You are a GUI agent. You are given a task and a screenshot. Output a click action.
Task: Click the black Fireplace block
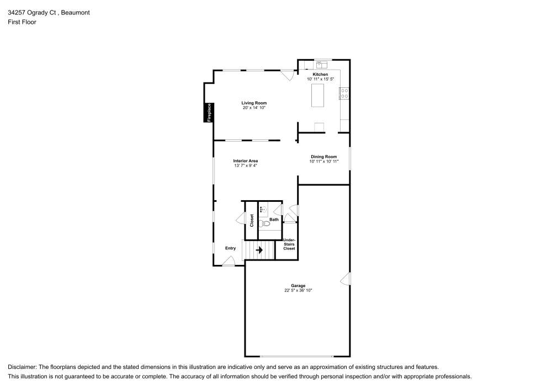[x=209, y=113]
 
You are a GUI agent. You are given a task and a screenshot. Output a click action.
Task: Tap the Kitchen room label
[x=320, y=74]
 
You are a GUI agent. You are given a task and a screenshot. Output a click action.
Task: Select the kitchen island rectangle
[x=318, y=95]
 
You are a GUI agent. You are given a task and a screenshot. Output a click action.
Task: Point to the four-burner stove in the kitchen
[x=344, y=93]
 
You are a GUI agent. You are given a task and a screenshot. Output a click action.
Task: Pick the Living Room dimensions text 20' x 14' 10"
[x=254, y=108]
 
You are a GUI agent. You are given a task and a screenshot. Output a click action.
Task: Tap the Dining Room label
[x=323, y=157]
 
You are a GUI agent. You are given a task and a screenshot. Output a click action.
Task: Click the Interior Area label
[x=246, y=160]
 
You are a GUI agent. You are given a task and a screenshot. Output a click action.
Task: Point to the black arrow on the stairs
[x=259, y=250]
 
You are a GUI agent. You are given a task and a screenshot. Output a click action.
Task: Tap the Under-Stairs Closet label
[x=289, y=244]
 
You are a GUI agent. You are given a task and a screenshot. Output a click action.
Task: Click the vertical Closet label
[x=252, y=220]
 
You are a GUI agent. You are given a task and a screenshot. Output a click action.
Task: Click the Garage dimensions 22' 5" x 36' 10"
[x=298, y=290]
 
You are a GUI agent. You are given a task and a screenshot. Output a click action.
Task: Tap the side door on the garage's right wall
[x=346, y=279]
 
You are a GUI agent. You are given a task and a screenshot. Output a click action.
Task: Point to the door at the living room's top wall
[x=287, y=75]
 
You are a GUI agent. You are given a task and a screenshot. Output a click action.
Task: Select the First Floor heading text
[x=22, y=22]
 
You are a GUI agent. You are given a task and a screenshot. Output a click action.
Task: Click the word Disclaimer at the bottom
[x=22, y=367]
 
